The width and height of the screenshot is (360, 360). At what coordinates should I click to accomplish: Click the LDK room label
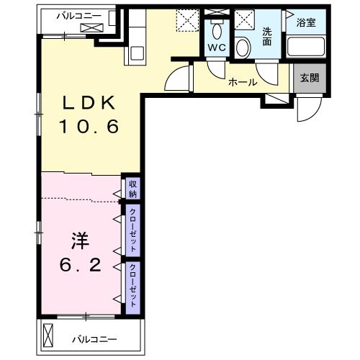click(x=89, y=102)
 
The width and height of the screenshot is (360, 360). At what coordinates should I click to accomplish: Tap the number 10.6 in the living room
click(x=89, y=127)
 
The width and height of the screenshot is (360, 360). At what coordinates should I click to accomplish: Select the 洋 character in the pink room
click(x=80, y=240)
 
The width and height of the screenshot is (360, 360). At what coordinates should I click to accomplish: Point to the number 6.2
click(x=80, y=265)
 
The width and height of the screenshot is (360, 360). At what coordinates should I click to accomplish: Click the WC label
click(x=217, y=48)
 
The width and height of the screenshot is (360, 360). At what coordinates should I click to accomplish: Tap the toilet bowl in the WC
click(x=217, y=30)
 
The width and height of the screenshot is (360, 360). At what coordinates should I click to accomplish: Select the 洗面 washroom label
click(x=267, y=37)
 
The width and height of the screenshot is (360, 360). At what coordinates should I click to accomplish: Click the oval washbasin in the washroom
click(x=243, y=48)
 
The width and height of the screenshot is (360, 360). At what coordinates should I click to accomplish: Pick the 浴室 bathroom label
click(x=306, y=22)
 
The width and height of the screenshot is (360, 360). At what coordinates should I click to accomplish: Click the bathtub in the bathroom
click(x=306, y=46)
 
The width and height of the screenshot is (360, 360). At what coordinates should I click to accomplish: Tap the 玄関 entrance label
click(x=310, y=78)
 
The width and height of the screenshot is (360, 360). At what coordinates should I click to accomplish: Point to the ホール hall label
click(x=243, y=82)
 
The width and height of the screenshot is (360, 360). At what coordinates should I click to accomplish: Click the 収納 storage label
click(x=132, y=189)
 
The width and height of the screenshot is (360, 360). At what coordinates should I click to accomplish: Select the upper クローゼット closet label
click(x=132, y=230)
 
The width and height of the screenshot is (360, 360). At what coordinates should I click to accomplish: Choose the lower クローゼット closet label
click(x=132, y=285)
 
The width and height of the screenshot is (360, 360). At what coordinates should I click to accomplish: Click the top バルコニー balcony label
click(x=79, y=17)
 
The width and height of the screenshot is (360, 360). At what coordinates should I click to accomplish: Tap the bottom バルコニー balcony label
click(x=94, y=339)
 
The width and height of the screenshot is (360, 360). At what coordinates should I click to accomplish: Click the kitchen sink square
click(x=137, y=53)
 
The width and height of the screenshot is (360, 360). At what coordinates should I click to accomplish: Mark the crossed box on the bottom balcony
click(x=48, y=336)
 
